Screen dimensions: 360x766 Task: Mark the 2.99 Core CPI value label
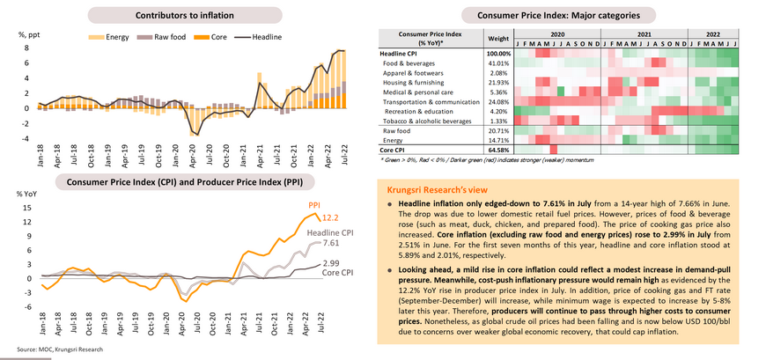(332, 262)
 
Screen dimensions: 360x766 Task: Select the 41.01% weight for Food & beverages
(498, 63)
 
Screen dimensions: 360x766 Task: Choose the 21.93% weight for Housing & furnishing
(498, 81)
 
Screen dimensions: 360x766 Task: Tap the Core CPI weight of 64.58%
(498, 151)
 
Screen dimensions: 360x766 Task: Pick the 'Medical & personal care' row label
(418, 91)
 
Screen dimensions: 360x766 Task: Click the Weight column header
(498, 39)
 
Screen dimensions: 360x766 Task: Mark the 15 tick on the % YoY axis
(28, 208)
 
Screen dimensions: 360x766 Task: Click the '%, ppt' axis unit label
(30, 34)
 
